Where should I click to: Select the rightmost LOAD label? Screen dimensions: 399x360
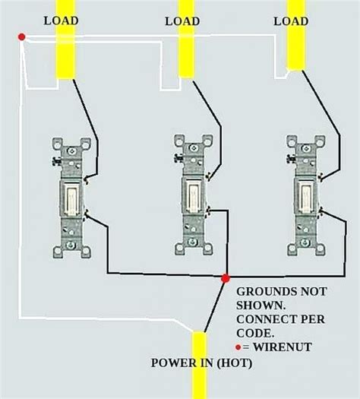(x=292, y=21)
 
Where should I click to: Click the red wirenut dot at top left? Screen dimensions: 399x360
(x=22, y=37)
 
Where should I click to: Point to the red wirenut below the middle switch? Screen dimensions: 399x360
(x=225, y=279)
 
